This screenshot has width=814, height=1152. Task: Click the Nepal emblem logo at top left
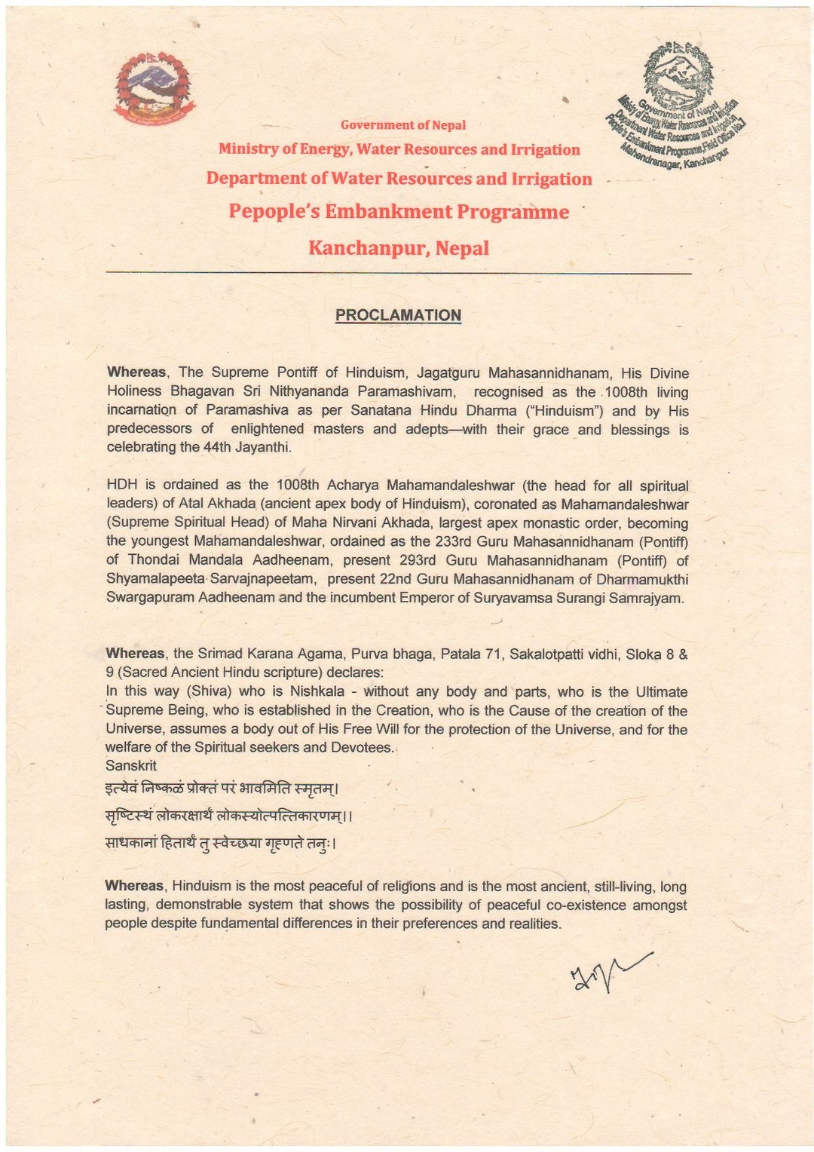[x=154, y=87]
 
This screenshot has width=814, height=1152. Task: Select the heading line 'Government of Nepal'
[x=402, y=125]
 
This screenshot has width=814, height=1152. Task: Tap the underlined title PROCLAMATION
[x=398, y=315]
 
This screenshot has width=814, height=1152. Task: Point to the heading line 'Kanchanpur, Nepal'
[x=399, y=248]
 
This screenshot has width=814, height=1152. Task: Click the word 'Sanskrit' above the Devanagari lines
[x=131, y=766]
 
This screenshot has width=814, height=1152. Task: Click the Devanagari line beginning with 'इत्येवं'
[x=221, y=789]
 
